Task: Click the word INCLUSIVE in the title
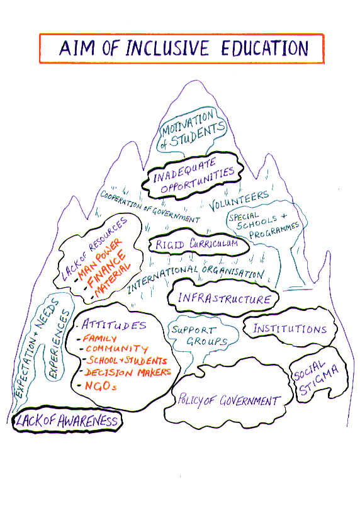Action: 167,48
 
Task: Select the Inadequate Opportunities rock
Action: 193,175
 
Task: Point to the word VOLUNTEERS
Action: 239,201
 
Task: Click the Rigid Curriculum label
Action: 197,244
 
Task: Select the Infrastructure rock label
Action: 224,298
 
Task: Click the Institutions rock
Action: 290,327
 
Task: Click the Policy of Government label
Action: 228,400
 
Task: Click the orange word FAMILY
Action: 99,338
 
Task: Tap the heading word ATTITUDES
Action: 114,325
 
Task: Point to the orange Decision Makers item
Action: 127,372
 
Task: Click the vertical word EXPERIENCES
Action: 59,344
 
